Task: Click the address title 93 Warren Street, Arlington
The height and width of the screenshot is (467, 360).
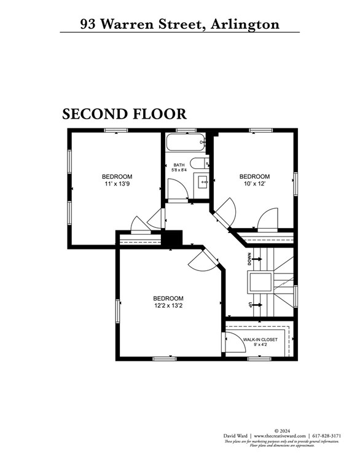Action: [x=179, y=24]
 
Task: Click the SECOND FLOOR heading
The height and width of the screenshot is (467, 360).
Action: [x=124, y=114]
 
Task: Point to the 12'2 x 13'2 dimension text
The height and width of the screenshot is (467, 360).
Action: [x=168, y=306]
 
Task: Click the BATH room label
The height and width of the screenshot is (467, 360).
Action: [x=179, y=165]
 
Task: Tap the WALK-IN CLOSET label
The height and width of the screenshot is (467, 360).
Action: [x=260, y=339]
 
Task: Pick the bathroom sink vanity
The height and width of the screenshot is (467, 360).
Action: [x=202, y=181]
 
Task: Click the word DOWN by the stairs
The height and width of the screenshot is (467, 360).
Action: [x=249, y=259]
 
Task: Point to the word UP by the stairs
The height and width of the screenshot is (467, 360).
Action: [x=249, y=305]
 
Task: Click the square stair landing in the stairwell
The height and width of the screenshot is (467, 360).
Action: [x=260, y=282]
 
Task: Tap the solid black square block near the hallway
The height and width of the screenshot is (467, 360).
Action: [x=173, y=238]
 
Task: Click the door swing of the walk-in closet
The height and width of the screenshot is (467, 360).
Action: [x=235, y=342]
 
